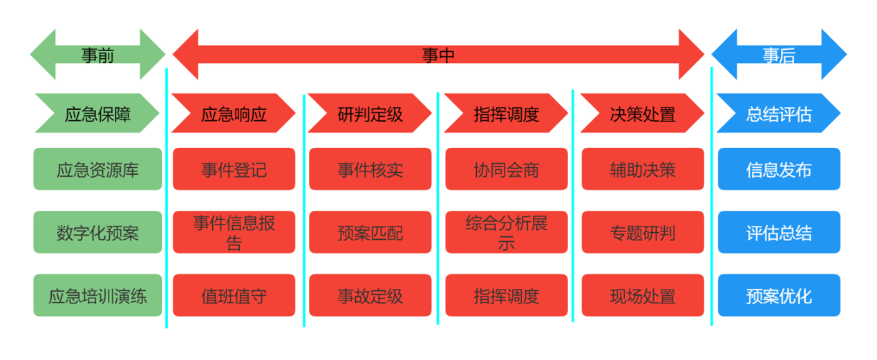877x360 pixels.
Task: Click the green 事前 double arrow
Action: tap(97, 55)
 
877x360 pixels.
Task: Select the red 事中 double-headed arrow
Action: tap(438, 55)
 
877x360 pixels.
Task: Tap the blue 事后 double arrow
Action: tap(779, 55)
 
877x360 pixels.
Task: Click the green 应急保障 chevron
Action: tap(97, 113)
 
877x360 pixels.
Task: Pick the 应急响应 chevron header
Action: tap(234, 113)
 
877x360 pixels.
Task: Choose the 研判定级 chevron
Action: tap(370, 113)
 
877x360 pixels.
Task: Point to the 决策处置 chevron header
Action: tap(643, 113)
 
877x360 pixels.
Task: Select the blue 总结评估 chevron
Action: tap(779, 113)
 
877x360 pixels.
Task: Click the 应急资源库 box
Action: tap(97, 169)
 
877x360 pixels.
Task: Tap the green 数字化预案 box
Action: tap(97, 232)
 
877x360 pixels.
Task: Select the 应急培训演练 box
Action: tap(97, 296)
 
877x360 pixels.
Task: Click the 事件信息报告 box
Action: tap(234, 232)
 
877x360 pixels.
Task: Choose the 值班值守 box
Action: tap(234, 296)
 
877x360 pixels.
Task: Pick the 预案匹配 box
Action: tap(370, 232)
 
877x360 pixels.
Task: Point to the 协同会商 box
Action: tap(507, 169)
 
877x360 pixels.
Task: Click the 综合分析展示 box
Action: tap(507, 232)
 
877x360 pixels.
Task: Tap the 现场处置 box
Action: tap(643, 296)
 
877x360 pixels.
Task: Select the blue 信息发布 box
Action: tap(779, 169)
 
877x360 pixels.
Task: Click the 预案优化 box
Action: tap(779, 296)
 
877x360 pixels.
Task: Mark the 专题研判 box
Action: tap(643, 232)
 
